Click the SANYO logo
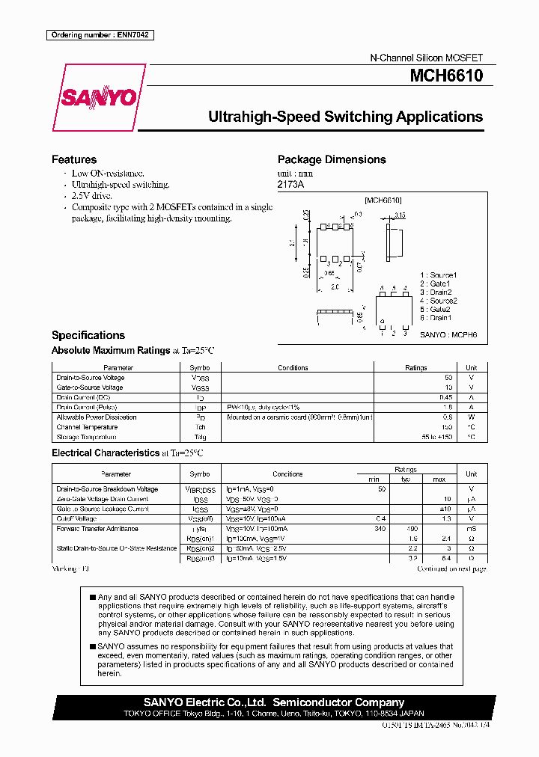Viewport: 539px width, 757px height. [x=98, y=98]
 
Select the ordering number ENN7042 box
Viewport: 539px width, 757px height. [x=100, y=35]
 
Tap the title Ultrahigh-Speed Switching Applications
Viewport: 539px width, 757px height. [x=344, y=117]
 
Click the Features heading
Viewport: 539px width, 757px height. [x=73, y=159]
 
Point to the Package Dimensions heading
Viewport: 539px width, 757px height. [x=332, y=159]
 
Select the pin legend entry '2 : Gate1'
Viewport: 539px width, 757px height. [x=436, y=284]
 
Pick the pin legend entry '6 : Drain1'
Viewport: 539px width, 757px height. [x=436, y=317]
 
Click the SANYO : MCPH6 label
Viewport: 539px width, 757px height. [x=448, y=335]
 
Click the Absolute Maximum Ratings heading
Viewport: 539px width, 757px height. [x=110, y=350]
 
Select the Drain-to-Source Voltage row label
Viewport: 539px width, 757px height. [x=90, y=378]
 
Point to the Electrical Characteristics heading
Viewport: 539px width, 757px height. [x=106, y=453]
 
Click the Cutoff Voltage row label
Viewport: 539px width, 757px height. [x=76, y=518]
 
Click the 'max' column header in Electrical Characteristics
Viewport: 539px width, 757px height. [x=439, y=479]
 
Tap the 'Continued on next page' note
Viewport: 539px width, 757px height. [x=451, y=568]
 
